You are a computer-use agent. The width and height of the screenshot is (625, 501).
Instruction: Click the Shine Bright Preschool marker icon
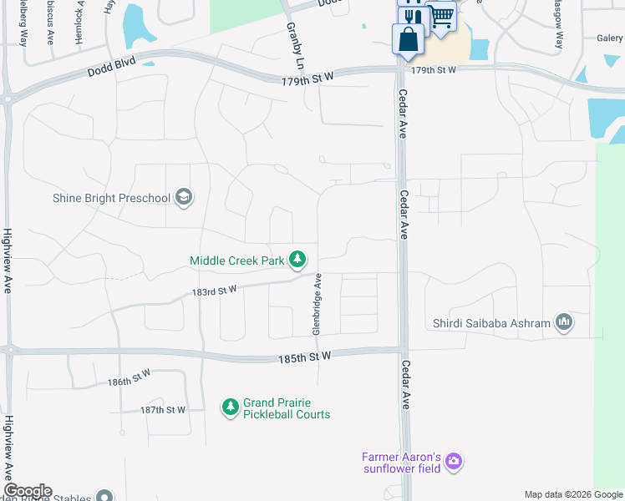click(184, 198)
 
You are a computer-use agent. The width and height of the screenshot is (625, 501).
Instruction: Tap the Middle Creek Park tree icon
click(297, 261)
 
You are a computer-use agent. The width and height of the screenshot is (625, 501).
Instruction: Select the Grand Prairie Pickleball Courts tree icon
click(230, 407)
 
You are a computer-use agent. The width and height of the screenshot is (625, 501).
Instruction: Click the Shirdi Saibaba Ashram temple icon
click(564, 322)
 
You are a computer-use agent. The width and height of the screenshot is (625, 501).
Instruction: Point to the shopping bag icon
click(407, 39)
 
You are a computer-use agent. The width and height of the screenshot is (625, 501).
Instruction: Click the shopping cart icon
click(442, 15)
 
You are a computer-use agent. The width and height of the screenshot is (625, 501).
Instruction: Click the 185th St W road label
click(305, 357)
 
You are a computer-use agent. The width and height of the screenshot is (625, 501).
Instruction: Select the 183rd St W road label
click(215, 290)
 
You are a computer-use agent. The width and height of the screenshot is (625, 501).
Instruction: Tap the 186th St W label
click(129, 381)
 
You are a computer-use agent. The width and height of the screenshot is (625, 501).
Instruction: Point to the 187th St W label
click(162, 410)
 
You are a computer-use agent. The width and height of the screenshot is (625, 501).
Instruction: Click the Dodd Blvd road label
click(111, 73)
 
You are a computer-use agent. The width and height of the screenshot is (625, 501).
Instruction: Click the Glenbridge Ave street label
click(318, 304)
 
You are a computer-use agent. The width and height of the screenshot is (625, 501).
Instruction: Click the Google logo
click(28, 491)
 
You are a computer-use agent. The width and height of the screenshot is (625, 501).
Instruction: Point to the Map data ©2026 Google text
click(572, 494)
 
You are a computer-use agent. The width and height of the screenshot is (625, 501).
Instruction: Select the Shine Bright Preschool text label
click(111, 198)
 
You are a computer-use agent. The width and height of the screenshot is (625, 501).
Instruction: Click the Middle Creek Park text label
click(237, 261)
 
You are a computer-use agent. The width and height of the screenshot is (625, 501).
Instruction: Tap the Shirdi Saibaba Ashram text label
click(491, 323)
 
